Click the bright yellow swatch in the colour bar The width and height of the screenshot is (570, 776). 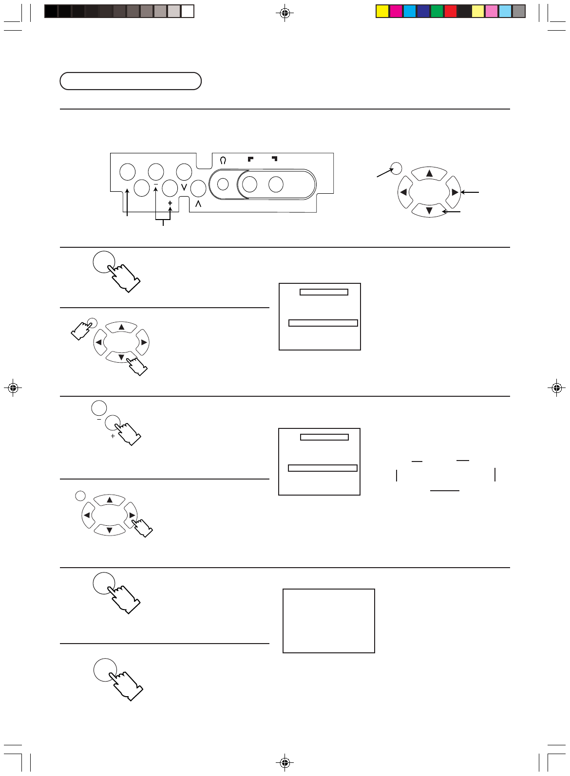[382, 11]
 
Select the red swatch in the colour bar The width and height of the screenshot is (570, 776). [451, 11]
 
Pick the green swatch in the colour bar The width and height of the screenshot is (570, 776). [437, 11]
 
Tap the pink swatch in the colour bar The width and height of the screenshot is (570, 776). [492, 11]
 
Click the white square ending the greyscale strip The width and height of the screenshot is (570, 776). [188, 11]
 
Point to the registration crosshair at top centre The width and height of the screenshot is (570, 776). [285, 13]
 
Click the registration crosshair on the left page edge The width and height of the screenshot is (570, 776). [13, 388]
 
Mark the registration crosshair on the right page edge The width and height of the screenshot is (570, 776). [557, 388]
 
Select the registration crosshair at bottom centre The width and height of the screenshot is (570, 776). [285, 762]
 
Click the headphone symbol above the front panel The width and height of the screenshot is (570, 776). [223, 160]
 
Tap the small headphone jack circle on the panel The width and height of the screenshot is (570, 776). [223, 185]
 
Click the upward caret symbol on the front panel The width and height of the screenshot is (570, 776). [198, 204]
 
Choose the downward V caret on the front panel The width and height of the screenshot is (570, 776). [184, 187]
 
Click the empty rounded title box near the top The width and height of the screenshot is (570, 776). [131, 81]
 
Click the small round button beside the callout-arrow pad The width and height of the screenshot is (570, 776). [397, 168]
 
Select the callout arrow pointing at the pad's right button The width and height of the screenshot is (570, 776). [470, 192]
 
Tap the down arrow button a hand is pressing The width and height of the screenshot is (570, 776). [121, 357]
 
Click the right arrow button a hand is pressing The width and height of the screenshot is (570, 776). [132, 515]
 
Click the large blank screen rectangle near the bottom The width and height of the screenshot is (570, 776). [329, 621]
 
